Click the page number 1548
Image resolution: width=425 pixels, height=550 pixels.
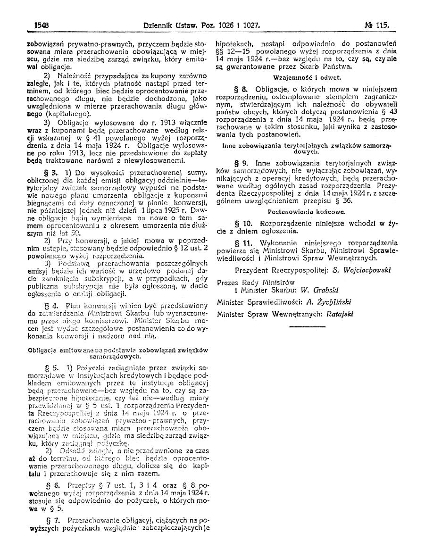[x=42, y=24]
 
